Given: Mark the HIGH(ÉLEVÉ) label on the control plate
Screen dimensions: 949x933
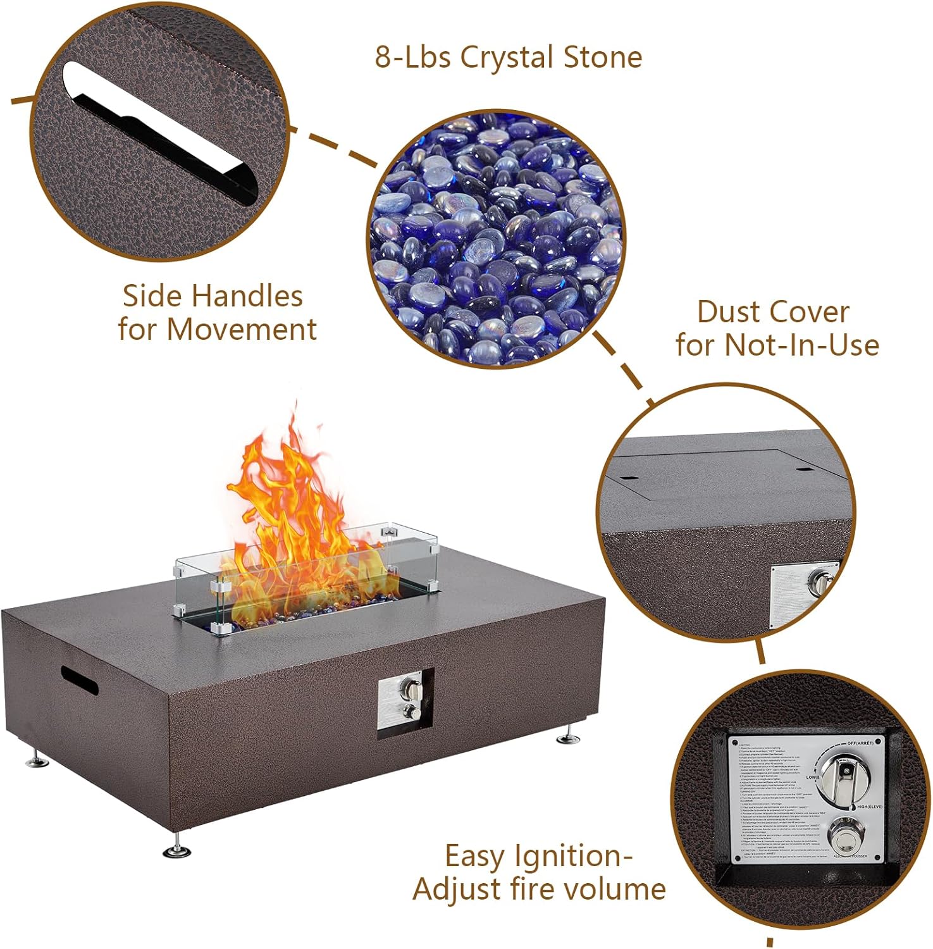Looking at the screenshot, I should click(x=869, y=807).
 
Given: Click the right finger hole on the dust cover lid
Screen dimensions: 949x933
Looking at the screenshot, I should click(x=803, y=470).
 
